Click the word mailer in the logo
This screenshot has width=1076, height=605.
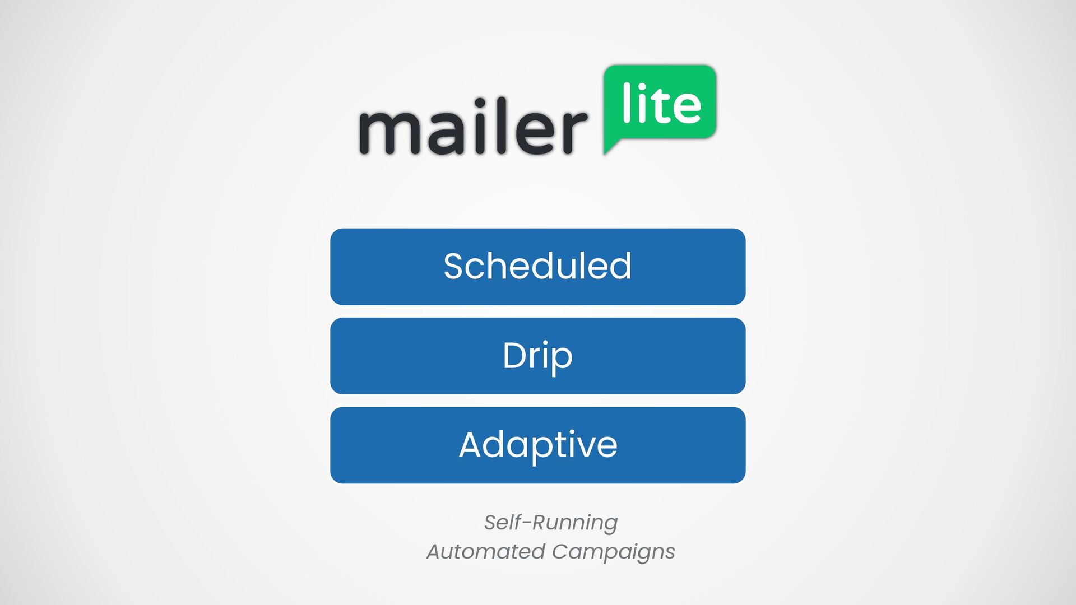pyautogui.click(x=474, y=126)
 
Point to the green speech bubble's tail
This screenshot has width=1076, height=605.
pyautogui.click(x=611, y=146)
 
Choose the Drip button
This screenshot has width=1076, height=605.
pyautogui.click(x=538, y=356)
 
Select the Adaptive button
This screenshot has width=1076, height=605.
pyautogui.click(x=538, y=445)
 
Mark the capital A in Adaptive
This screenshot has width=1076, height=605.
pyautogui.click(x=472, y=445)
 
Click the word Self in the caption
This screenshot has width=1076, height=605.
pyautogui.click(x=502, y=522)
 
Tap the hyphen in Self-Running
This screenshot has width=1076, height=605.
pyautogui.click(x=526, y=524)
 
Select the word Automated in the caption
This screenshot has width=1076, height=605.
pyautogui.click(x=486, y=551)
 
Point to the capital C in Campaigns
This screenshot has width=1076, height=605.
pyautogui.click(x=561, y=551)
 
